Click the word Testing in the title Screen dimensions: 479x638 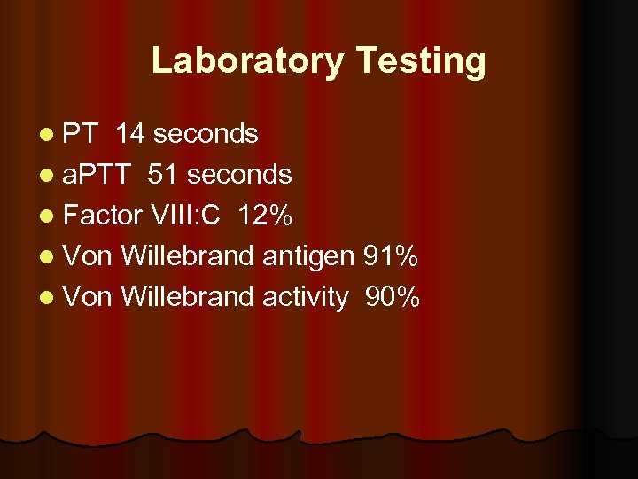tap(421, 61)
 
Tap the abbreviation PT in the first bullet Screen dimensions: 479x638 tap(82, 134)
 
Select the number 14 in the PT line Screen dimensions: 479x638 tap(130, 134)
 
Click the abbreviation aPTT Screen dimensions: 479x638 tap(97, 175)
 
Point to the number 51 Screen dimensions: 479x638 tap(163, 175)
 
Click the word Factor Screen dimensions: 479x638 tap(103, 216)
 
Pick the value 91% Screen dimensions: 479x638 tap(391, 256)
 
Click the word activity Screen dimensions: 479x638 tap(306, 297)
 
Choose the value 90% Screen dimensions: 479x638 tap(393, 297)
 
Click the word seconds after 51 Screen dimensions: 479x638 tap(238, 175)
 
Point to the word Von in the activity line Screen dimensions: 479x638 tap(89, 297)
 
